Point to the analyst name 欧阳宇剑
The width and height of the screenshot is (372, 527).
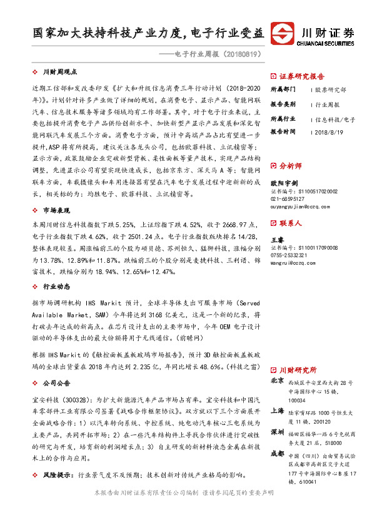[283, 183]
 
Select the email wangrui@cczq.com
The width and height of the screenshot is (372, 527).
[291, 263]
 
